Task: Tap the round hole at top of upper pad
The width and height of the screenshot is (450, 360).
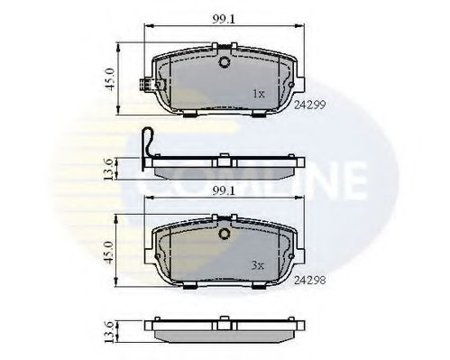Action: [224, 62]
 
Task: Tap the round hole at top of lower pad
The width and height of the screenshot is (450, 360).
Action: [224, 235]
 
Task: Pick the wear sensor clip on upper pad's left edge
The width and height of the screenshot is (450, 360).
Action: [143, 88]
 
